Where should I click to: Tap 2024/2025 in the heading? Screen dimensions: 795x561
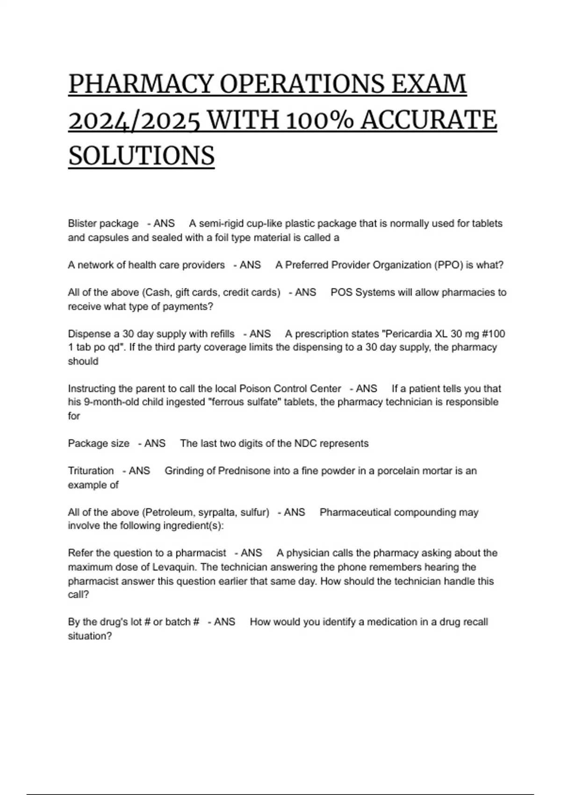point(134,121)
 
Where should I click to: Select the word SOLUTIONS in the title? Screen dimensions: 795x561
point(141,156)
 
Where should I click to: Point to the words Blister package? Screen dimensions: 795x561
point(103,224)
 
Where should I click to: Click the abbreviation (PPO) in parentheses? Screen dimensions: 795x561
point(447,265)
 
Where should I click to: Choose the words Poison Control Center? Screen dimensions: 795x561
point(290,389)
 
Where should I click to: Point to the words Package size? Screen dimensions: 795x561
point(99,443)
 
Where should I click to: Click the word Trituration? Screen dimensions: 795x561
point(91,471)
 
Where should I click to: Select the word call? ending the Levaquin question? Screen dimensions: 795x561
point(79,595)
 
